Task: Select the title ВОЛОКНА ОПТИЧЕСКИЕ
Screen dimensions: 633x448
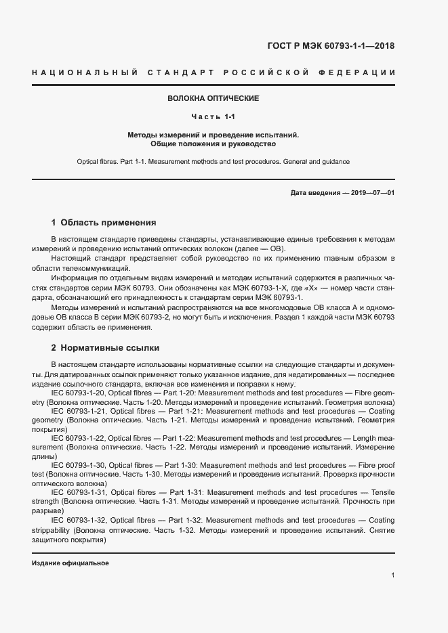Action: [x=213, y=99]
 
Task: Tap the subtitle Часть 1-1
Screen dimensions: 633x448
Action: [x=213, y=117]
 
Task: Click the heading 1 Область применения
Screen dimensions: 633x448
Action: [x=104, y=222]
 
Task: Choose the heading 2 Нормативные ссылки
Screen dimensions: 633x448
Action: [x=105, y=348]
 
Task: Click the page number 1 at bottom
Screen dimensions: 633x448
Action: [x=393, y=575]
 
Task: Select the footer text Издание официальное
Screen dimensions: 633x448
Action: [x=70, y=563]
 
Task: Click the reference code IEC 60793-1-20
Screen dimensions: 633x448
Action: [x=79, y=393]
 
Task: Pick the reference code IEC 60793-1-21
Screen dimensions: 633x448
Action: [x=79, y=412]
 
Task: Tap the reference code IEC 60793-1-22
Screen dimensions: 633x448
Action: [x=78, y=439]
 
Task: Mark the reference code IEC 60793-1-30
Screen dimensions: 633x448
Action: [x=79, y=466]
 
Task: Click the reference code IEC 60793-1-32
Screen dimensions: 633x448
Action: [x=79, y=519]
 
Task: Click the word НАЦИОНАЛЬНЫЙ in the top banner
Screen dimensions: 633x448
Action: [x=85, y=72]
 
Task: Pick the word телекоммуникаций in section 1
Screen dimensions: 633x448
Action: [x=98, y=269]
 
